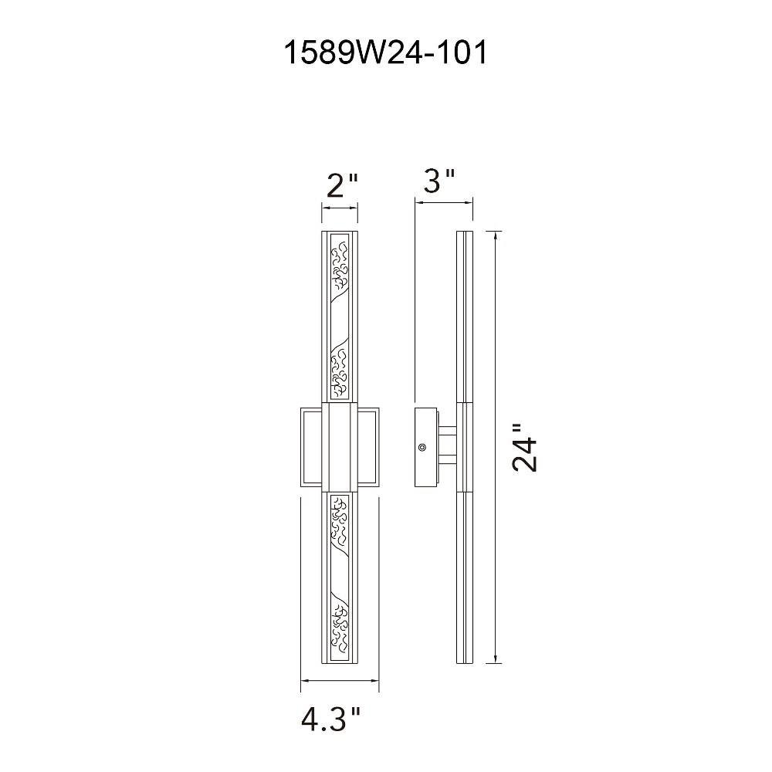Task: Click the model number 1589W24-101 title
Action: (385, 52)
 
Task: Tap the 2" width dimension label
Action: (341, 185)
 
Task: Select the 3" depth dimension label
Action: (439, 181)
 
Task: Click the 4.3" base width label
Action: (331, 720)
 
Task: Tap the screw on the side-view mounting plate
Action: (422, 447)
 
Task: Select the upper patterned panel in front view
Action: (340, 316)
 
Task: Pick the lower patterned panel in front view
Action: (340, 577)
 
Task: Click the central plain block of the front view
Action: (340, 446)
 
